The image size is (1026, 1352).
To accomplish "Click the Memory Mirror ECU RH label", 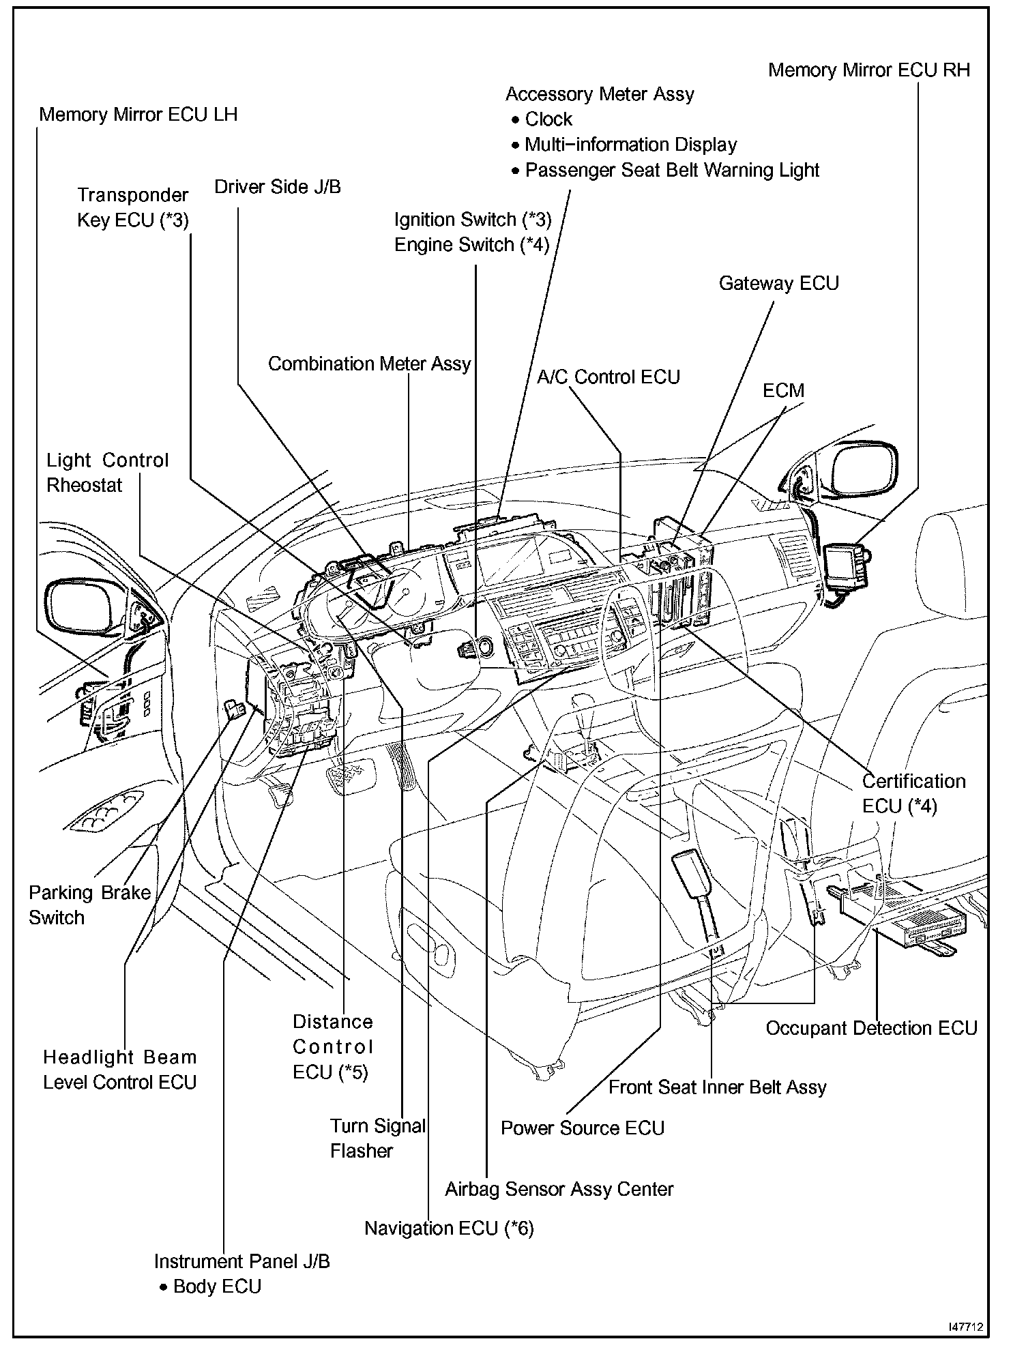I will coord(868,70).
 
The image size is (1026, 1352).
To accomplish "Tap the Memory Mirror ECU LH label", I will coord(138,115).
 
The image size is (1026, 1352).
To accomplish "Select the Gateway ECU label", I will coord(778,284).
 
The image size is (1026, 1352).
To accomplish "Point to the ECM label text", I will coord(783,391).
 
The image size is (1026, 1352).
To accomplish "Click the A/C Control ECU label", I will coord(608,377).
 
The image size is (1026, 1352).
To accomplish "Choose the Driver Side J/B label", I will coord(278,188).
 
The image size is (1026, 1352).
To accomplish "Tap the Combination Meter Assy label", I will coord(369,364).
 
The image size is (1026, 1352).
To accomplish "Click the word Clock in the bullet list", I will coord(548,119).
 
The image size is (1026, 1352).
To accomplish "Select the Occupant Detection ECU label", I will coord(871,1029).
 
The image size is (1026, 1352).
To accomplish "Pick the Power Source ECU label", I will coord(582,1128).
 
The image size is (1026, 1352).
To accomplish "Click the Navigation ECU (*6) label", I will coord(449,1229).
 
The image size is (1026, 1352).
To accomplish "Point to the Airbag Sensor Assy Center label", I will coord(559,1190).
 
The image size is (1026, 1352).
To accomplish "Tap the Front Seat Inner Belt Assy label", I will coord(717,1087).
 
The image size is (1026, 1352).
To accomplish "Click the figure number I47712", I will coord(965,1327).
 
